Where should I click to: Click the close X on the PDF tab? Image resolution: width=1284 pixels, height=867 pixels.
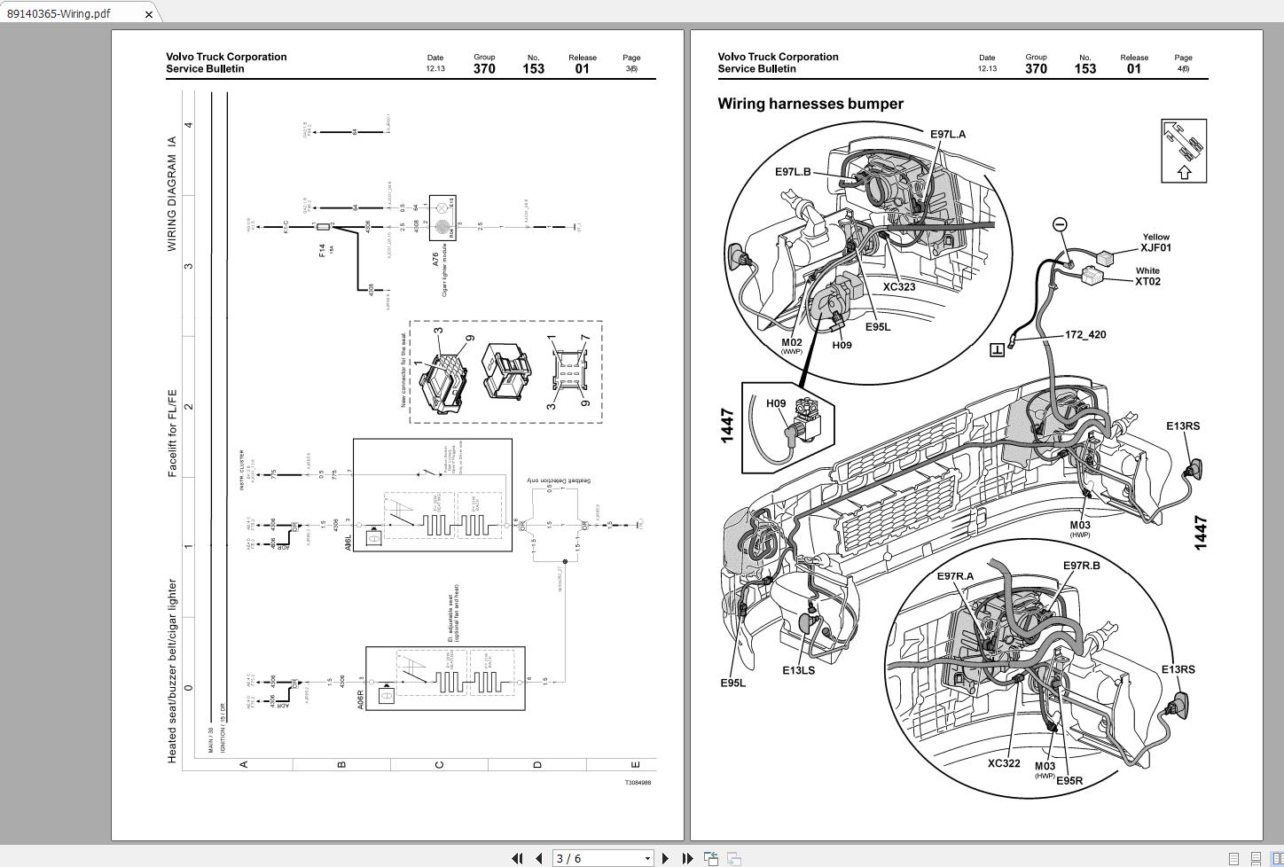[149, 14]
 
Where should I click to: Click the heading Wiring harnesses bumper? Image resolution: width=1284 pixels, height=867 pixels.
[810, 104]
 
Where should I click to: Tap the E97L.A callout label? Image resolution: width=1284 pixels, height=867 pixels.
[947, 135]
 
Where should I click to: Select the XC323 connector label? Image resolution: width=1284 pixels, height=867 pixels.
[898, 287]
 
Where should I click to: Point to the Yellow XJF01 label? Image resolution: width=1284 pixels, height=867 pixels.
[1155, 243]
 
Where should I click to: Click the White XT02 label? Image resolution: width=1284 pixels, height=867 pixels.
[1147, 277]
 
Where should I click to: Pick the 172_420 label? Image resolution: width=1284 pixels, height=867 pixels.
[1084, 335]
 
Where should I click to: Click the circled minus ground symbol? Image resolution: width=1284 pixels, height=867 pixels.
[1060, 225]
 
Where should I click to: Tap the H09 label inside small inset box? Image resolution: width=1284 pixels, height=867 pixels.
[776, 403]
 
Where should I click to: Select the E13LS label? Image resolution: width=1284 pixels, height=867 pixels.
[798, 670]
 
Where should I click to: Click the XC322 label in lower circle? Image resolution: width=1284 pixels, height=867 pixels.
[1004, 763]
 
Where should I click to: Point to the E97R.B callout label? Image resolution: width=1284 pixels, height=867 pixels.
[1081, 566]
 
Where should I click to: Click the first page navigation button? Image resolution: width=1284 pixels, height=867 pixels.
[517, 858]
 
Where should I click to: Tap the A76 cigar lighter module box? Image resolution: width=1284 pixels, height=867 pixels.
[442, 218]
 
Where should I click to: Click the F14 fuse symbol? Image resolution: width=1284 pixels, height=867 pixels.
[324, 228]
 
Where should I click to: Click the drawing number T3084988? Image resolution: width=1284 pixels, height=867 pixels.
[638, 783]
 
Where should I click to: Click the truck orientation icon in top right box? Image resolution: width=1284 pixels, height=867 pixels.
[1184, 151]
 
